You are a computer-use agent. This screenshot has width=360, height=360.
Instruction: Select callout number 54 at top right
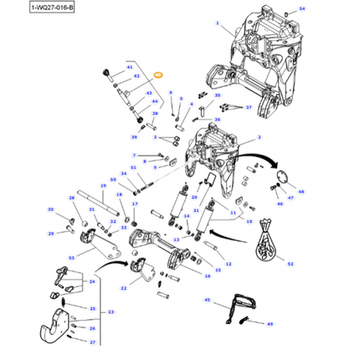coord(302,8)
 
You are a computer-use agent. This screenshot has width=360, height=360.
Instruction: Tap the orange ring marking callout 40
coord(157,74)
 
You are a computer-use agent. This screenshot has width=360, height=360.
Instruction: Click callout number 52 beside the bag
coord(291,264)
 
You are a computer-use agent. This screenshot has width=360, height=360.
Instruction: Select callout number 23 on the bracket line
coord(109,311)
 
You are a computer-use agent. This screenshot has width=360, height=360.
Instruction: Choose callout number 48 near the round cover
coord(301,192)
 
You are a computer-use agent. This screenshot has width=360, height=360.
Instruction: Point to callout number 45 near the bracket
coord(208,299)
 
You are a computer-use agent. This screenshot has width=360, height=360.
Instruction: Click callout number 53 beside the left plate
coord(72,260)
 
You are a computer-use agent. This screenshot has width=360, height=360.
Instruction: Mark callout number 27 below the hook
coord(93,342)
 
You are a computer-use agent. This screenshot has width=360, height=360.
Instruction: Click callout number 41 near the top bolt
coord(129,65)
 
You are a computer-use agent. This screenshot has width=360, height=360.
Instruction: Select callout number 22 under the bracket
coord(123,287)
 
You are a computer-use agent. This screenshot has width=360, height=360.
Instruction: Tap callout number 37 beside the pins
coord(249,107)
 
